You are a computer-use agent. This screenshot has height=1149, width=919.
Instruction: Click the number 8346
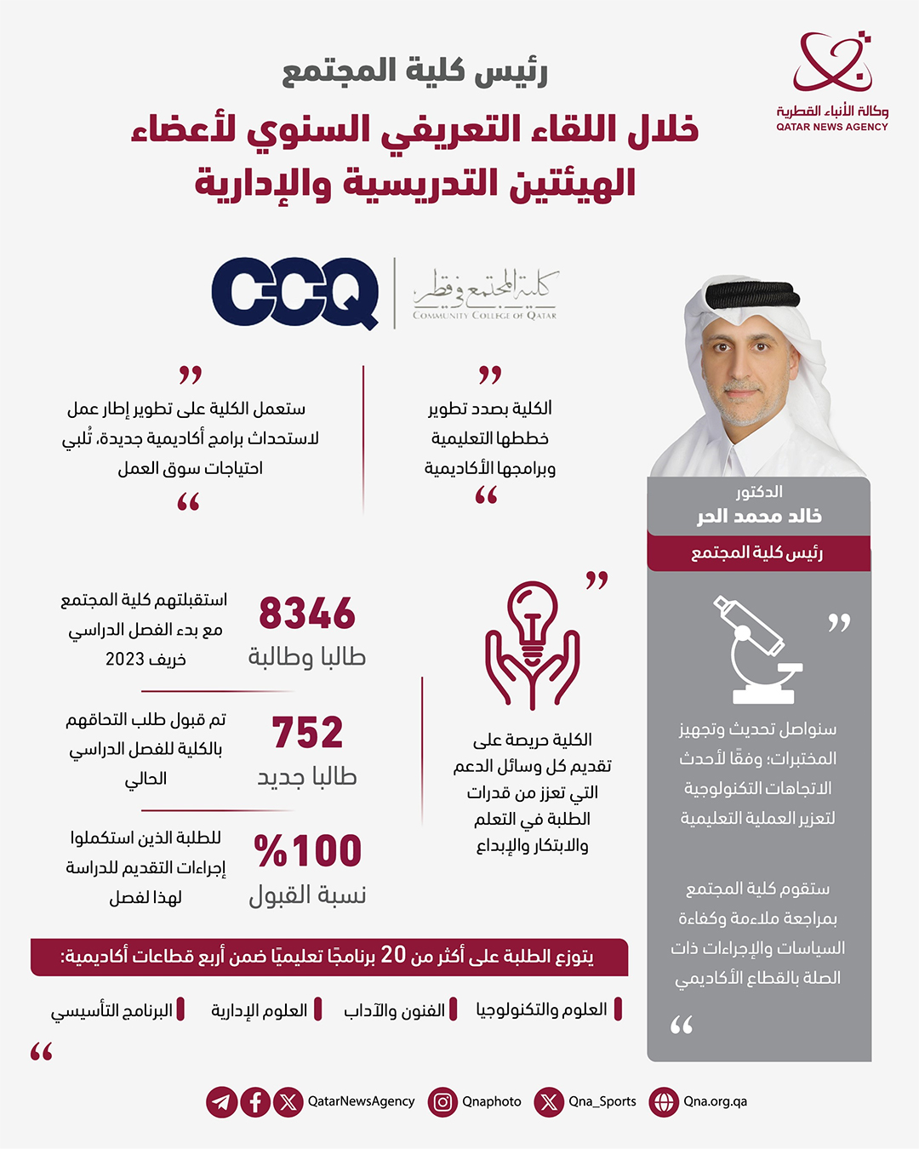coord(307,614)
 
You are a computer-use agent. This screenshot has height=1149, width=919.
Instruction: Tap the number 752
coord(307,733)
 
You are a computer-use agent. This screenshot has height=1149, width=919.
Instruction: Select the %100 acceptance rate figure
coord(308,851)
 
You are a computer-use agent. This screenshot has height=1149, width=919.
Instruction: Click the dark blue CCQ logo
coord(295,292)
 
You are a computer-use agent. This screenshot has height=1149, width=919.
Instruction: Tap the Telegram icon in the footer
coord(221,1102)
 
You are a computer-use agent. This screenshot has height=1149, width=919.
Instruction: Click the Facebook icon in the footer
coord(255,1102)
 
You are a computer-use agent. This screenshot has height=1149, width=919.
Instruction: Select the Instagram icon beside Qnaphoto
coord(442,1102)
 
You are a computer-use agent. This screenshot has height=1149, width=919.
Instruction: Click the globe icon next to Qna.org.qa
coord(663,1102)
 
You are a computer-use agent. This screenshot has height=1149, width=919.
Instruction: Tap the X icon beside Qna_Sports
coord(549,1102)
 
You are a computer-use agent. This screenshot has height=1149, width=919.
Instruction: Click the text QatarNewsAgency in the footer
coord(361,1101)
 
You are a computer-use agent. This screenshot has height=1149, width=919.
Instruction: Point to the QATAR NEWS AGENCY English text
coord(831,127)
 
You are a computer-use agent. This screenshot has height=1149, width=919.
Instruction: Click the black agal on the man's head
coord(753,296)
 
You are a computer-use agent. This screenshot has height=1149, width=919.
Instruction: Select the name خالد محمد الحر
coord(759,517)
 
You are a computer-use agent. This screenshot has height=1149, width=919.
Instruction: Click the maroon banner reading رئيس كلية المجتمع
coord(758,553)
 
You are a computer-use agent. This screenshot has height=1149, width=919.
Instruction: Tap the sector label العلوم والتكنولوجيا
coord(541,1009)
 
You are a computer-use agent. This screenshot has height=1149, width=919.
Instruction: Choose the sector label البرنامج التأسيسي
coord(111,1010)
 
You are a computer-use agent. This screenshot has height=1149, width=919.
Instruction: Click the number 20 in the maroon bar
coord(393,955)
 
